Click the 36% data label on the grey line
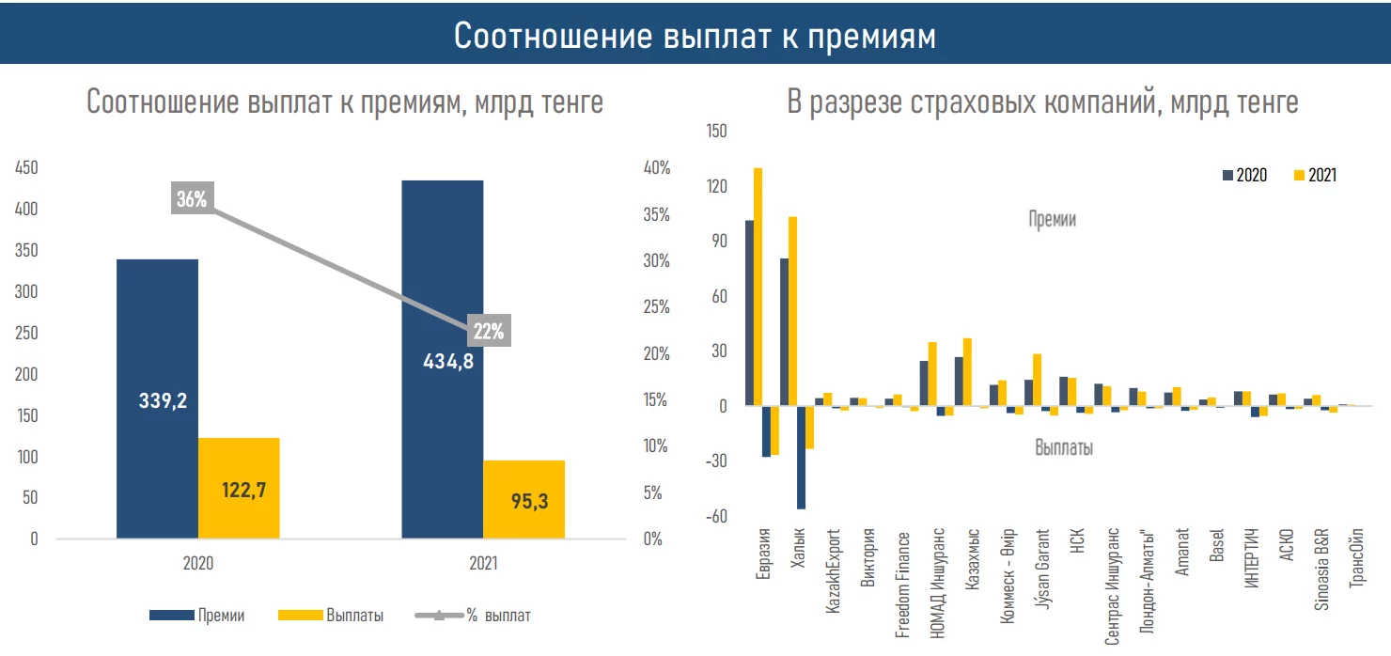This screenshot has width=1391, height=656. click(192, 199)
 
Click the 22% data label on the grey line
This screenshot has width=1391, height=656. click(489, 331)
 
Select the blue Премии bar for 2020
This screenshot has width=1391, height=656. click(157, 398)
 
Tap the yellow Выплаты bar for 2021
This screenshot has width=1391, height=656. click(524, 499)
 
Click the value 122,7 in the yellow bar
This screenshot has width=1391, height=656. click(239, 490)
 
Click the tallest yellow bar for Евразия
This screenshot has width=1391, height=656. click(758, 287)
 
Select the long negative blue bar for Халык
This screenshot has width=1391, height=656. click(802, 457)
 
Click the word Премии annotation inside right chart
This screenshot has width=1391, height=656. click(1052, 220)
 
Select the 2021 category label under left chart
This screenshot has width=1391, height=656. click(483, 564)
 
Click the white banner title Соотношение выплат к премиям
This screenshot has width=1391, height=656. click(695, 36)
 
